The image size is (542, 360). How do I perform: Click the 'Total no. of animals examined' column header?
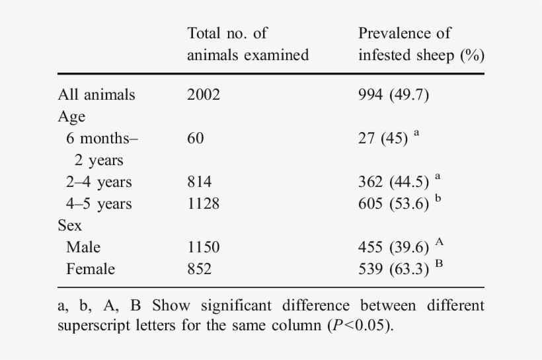coord(247,44)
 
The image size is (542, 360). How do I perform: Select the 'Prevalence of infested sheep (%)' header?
coord(421,44)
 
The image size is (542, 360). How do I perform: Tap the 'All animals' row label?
coord(96,94)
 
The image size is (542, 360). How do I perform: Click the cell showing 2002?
coord(203,94)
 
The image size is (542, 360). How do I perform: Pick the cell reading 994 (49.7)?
coord(393,94)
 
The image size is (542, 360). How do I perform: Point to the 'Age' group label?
coord(71,116)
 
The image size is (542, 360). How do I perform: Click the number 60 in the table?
coord(196,138)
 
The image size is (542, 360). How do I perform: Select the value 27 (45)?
coord(383,139)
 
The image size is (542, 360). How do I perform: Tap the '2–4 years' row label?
coord(98,182)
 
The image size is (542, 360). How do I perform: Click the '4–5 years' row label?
coord(98,203)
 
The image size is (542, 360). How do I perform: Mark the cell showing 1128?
coord(203,203)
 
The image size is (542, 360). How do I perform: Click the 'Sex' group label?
coord(69,225)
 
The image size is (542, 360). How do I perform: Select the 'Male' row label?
coord(83,247)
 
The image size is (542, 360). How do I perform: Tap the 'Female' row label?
coord(90,269)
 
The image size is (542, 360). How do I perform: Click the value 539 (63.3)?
coord(393,270)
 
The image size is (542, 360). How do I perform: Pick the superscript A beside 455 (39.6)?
coord(439,242)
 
